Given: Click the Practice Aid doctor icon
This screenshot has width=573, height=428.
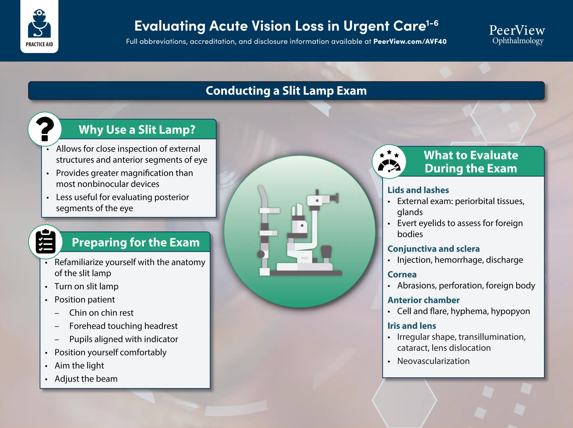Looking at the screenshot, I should [x=39, y=24].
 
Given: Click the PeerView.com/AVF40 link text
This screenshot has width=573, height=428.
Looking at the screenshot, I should [x=410, y=41].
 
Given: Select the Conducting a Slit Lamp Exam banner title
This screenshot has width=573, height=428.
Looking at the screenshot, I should [x=286, y=91].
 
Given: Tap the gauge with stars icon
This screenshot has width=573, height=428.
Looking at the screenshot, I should [x=389, y=162].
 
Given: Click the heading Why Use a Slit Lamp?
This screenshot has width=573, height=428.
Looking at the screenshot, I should [x=137, y=130].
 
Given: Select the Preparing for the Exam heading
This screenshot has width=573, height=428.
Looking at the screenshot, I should [x=136, y=242].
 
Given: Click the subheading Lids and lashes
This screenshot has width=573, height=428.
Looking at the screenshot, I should [x=418, y=190].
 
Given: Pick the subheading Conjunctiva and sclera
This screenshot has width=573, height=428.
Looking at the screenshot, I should [x=433, y=249].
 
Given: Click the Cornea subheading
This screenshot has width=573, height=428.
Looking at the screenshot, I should [x=402, y=274].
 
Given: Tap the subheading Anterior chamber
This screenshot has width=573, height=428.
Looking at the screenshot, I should [x=423, y=300].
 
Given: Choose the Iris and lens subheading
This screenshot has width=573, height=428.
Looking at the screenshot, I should [x=412, y=326].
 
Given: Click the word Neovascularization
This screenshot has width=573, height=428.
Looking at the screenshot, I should [x=433, y=361].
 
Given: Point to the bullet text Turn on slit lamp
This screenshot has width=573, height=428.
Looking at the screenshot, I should [x=86, y=286].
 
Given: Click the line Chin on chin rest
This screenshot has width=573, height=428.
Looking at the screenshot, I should [x=101, y=313].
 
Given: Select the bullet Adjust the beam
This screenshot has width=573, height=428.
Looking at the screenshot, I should [x=86, y=379].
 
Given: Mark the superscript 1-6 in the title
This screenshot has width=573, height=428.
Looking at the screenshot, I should [x=432, y=23].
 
